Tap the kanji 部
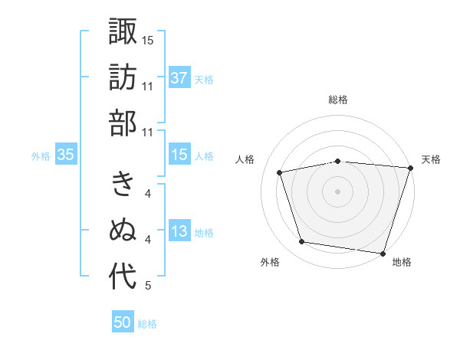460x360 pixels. click(x=123, y=123)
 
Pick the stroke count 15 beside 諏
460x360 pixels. click(x=148, y=40)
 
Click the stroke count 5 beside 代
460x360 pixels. click(x=148, y=286)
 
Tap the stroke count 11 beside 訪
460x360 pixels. click(x=148, y=86)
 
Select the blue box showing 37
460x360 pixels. click(x=179, y=77)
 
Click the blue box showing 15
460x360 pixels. click(x=179, y=155)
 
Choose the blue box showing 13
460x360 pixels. click(x=179, y=232)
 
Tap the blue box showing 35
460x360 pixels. click(x=65, y=155)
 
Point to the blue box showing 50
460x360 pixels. click(x=123, y=323)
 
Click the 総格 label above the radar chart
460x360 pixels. click(x=338, y=100)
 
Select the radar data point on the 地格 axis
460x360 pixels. click(x=383, y=253)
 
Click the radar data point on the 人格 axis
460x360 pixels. click(x=281, y=172)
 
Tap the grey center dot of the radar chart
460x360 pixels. click(x=338, y=191)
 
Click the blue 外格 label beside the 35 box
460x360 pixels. click(x=41, y=156)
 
